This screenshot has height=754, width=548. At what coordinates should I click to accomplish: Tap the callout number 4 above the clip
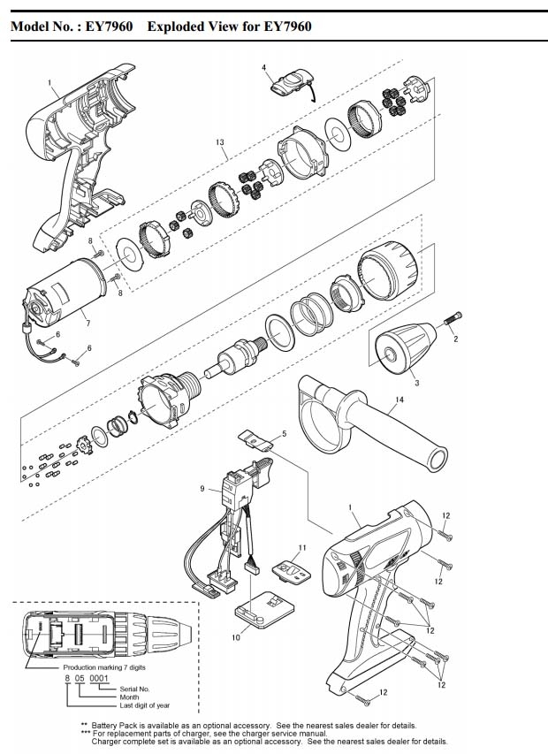tap(263, 67)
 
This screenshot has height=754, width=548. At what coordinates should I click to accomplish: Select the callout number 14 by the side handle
tap(399, 400)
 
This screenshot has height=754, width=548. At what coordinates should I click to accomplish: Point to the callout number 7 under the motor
tap(87, 324)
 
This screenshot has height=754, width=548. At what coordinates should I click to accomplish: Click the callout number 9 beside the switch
tap(202, 489)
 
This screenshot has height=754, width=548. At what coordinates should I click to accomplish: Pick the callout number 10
tap(235, 636)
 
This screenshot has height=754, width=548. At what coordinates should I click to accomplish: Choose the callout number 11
tap(301, 548)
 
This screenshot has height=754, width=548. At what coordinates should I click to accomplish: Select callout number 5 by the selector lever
tap(284, 434)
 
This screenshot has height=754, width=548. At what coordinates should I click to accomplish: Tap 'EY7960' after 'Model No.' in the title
tap(109, 27)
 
